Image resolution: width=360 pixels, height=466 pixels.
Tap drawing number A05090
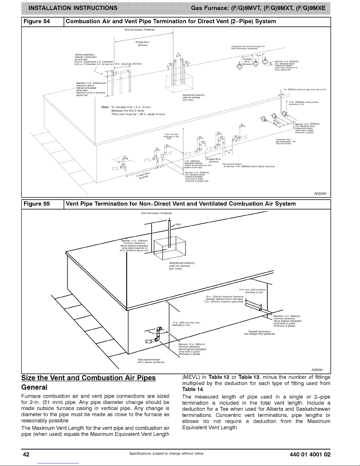click(322, 193)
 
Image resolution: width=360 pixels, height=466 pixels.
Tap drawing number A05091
click(322, 370)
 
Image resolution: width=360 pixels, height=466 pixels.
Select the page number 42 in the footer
click(27, 454)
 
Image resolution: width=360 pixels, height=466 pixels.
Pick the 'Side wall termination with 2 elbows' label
click(151, 360)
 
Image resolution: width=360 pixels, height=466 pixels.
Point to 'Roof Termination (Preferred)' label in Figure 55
click(150, 213)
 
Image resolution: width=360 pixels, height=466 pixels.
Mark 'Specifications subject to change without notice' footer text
click(166, 454)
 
